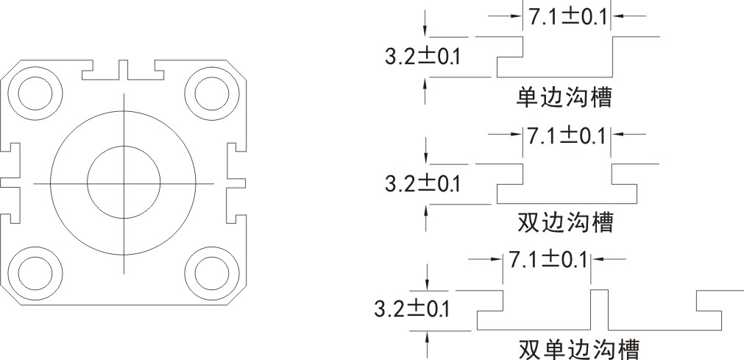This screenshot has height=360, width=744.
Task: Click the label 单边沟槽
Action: coord(564,97)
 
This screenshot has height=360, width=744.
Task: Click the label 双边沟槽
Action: coord(564,221)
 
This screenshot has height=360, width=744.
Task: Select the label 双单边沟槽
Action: coord(578,347)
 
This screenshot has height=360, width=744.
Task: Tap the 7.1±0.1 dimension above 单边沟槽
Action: coord(567,15)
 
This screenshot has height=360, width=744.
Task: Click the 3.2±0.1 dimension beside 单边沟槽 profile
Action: coord(421,57)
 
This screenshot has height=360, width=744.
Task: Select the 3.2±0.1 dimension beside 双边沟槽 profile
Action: coord(421,183)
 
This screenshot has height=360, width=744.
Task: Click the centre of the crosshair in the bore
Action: coord(124,182)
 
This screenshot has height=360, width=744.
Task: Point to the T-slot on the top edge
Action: coord(123,71)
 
